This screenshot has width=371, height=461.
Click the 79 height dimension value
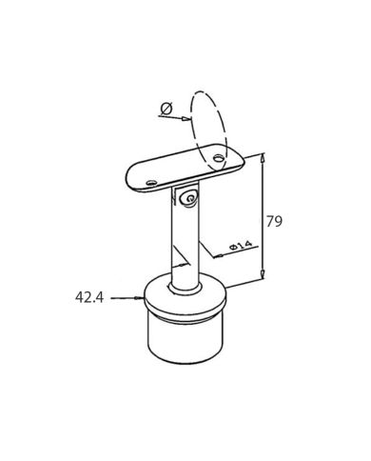[274, 222]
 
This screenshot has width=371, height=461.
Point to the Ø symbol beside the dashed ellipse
[166, 110]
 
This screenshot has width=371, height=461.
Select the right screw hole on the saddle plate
[222, 156]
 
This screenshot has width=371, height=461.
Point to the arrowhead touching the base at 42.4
[137, 298]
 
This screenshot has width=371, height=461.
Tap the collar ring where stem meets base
[183, 287]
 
